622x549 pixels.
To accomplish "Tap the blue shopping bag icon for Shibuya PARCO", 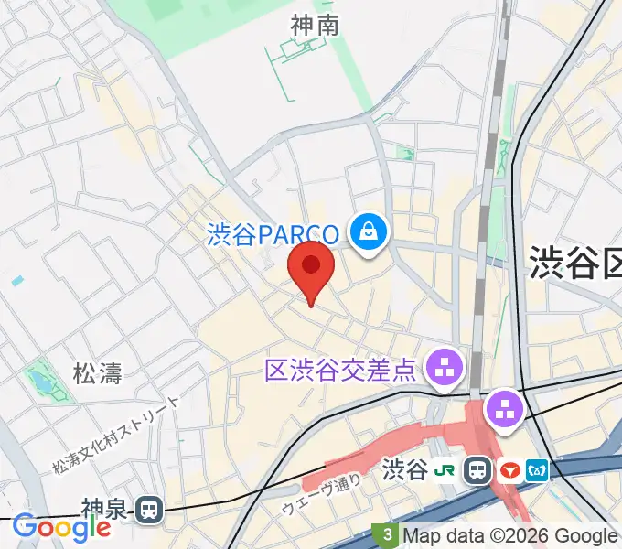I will pos(369,231).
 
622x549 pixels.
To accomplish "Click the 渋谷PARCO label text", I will pos(273,235).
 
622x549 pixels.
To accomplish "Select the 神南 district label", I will pos(314,25).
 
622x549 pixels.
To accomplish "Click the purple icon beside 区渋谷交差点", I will pos(446,370).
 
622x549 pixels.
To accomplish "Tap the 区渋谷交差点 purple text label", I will pos(341,371).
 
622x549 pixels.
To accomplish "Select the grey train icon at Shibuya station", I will pos(477,470).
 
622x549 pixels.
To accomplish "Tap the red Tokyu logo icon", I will pos(509,470).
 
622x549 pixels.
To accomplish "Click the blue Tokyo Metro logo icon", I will pos(537,470).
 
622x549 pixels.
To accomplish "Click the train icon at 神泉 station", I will pos(148,510).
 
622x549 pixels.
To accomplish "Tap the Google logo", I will pos(61,526).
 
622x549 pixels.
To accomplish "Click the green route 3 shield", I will pos(388,534).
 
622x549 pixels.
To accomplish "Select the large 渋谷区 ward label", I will pos(575,264).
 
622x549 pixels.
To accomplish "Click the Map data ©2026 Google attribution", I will pos(509,536).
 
